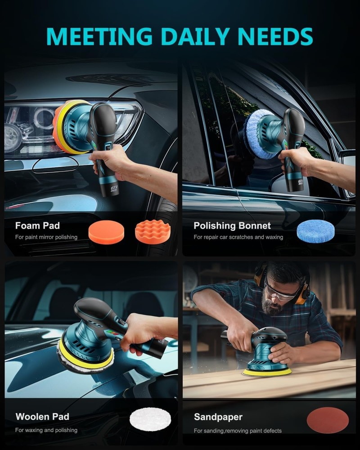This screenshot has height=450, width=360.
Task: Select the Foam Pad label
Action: point(37,225)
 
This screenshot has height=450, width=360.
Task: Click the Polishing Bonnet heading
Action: point(232,225)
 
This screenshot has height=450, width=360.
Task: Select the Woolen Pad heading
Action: point(42,417)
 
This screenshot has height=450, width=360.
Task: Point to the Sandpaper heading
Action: point(218,417)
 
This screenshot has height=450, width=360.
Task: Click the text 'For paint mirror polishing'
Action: point(46,237)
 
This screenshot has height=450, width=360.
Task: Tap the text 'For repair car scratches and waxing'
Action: point(238,237)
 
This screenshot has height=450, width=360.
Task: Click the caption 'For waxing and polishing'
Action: point(46,430)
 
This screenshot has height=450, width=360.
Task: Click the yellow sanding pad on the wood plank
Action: point(267,372)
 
